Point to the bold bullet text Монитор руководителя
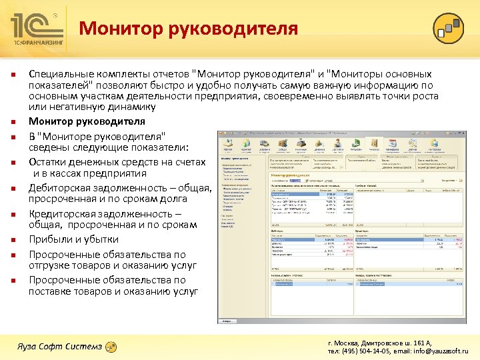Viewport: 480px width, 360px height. [87, 121]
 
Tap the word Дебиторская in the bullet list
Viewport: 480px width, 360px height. [59, 187]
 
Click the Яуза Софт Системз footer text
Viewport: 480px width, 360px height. [59, 346]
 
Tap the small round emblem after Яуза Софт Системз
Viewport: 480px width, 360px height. [111, 346]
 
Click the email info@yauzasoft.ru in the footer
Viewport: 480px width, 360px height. [441, 350]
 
